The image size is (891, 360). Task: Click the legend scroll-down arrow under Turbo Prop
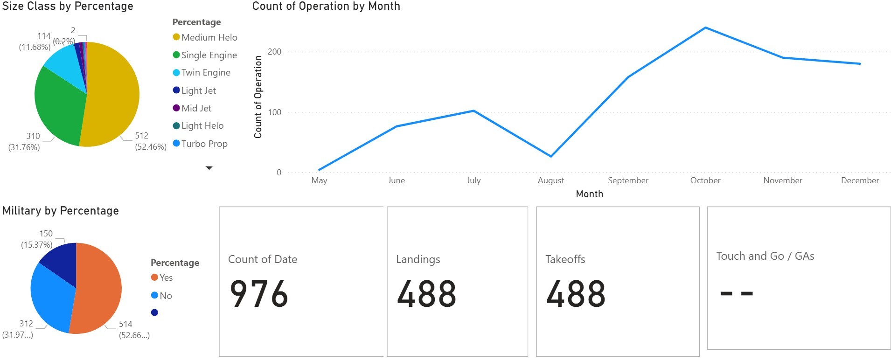209,168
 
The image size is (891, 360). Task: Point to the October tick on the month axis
705,180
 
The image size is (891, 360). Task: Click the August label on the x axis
550,180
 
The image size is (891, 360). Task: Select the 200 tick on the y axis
275,52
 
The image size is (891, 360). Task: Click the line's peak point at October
705,28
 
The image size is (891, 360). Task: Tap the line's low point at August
551,156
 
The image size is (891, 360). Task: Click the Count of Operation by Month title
326,7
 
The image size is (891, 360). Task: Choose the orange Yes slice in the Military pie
98,289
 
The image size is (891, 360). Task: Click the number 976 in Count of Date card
259,294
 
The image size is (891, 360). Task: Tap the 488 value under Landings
426,294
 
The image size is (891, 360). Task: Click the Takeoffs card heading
565,259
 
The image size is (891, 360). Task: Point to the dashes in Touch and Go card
737,293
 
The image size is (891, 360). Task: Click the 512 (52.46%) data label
150,141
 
